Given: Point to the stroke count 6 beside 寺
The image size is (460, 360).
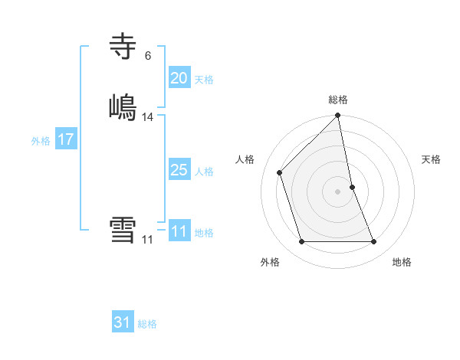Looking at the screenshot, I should [148, 56].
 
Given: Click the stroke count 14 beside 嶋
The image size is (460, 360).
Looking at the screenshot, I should [148, 117].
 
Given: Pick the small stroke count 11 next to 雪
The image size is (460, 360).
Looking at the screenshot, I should [147, 240].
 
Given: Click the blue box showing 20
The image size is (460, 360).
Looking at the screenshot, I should [179, 77].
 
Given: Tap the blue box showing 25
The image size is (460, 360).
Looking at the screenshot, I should [179, 170].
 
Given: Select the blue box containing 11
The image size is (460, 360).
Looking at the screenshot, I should [179, 231].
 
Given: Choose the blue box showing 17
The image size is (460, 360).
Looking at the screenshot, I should [65, 139].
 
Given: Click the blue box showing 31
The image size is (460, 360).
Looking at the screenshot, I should [123, 322].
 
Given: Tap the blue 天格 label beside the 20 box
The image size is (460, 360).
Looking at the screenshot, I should [203, 80].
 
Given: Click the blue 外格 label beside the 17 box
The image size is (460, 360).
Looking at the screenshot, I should [41, 141].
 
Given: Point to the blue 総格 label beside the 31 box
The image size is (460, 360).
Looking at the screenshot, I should [147, 324].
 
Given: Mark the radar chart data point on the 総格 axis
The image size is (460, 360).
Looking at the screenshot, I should [338, 116].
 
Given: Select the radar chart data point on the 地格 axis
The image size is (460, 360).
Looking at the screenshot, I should [374, 242].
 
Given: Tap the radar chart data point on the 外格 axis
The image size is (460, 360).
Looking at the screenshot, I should [301, 242].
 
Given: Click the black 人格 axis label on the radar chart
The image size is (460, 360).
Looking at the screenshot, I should [245, 159].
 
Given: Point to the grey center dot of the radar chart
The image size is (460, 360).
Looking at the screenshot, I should [338, 191].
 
